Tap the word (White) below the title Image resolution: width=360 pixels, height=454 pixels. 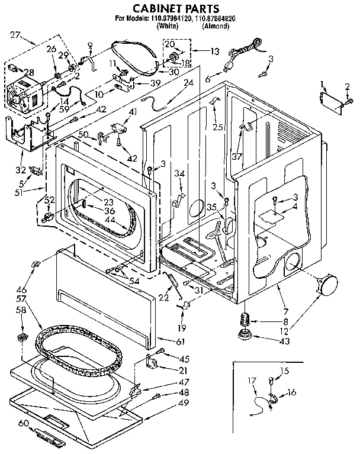(168, 27)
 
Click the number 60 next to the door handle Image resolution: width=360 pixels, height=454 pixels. (23, 423)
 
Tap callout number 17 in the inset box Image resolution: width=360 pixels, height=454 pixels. (251, 381)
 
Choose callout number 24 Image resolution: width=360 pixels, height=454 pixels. (189, 83)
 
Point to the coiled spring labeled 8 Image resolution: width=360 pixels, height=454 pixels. (243, 320)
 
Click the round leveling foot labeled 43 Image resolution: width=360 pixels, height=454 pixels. (243, 336)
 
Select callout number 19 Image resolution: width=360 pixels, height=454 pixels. (182, 327)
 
